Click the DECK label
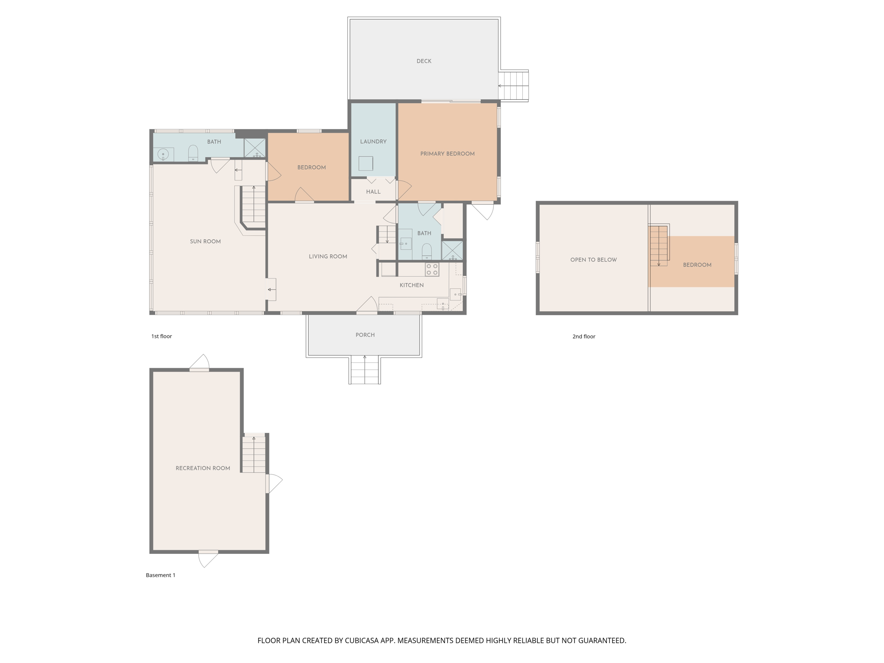[423, 61]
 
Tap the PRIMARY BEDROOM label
[447, 154]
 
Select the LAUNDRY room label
[373, 142]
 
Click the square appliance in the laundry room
[366, 164]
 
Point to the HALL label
[373, 192]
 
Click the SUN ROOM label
[205, 241]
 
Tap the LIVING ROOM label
[328, 256]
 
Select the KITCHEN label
[411, 285]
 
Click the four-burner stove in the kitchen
[432, 270]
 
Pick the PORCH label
[365, 335]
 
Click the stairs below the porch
[365, 370]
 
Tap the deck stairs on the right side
[514, 86]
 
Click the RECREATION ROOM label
[202, 468]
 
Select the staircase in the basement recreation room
[254, 455]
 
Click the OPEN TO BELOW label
[593, 260]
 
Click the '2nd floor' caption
[584, 337]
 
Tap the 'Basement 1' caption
[160, 575]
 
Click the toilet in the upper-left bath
[193, 153]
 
